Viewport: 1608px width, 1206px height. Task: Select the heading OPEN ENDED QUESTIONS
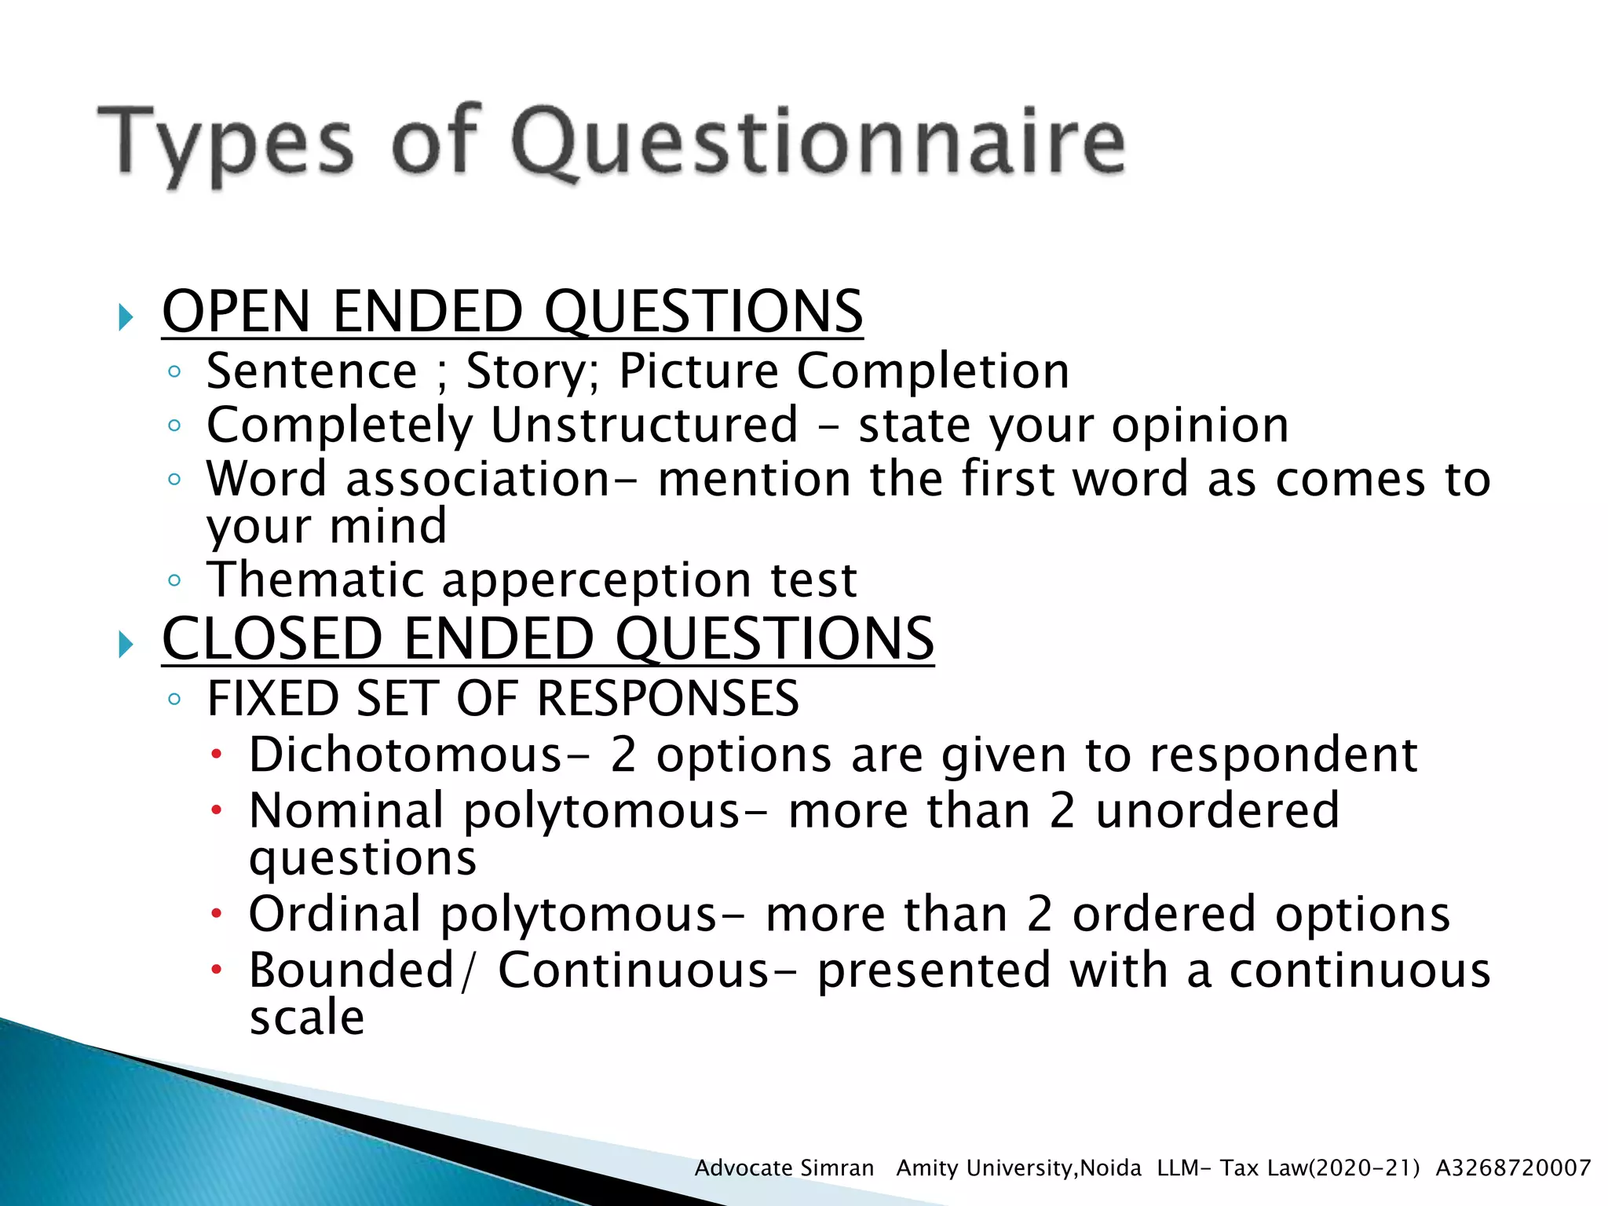tap(512, 312)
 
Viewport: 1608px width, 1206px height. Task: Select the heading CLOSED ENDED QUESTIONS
tap(547, 638)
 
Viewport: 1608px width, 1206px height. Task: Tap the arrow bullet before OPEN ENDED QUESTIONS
tap(125, 318)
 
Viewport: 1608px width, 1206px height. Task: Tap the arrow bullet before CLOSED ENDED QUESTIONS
tap(125, 645)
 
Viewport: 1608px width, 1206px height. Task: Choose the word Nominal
tap(346, 810)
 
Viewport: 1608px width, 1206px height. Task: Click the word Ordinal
tap(334, 914)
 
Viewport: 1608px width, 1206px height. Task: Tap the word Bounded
tap(351, 970)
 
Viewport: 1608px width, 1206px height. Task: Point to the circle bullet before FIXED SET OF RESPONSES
tap(174, 699)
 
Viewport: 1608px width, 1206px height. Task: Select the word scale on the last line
tap(306, 1018)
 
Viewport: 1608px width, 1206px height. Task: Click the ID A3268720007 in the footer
tap(1512, 1168)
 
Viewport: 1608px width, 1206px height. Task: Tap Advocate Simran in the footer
tap(784, 1168)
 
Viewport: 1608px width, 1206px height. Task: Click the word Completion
tap(932, 371)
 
